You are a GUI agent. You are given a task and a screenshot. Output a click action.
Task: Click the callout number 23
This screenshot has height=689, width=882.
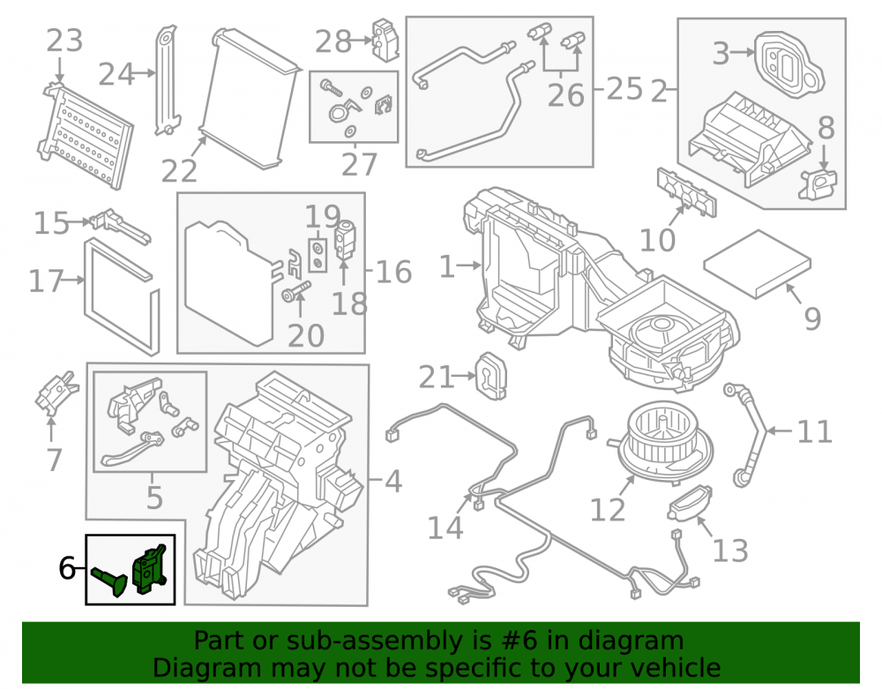click(64, 41)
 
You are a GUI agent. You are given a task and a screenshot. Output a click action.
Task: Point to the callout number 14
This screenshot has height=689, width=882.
click(445, 528)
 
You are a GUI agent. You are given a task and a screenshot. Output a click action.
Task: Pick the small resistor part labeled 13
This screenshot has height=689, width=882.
click(691, 503)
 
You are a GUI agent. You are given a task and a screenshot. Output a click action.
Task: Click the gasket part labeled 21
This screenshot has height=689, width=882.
click(491, 376)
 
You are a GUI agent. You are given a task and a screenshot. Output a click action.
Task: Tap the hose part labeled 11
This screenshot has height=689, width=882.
click(745, 433)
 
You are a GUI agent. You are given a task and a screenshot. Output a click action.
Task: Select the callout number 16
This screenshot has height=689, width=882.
click(393, 272)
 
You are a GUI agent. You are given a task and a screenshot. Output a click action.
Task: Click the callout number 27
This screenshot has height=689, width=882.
click(359, 164)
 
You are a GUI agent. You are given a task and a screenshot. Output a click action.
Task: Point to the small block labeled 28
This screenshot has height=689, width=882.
click(385, 40)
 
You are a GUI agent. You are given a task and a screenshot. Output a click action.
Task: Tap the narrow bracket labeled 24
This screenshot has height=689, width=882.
click(167, 80)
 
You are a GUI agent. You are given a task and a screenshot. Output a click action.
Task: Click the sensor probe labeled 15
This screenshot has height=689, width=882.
click(120, 225)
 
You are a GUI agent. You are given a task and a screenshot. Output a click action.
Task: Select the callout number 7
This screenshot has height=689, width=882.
click(54, 461)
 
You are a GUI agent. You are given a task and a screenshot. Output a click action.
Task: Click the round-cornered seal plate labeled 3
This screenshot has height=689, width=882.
click(789, 64)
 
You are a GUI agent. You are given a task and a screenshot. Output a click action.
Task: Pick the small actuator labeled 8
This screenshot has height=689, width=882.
click(818, 183)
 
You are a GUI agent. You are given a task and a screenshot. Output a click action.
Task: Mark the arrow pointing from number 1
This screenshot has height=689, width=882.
click(468, 266)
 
